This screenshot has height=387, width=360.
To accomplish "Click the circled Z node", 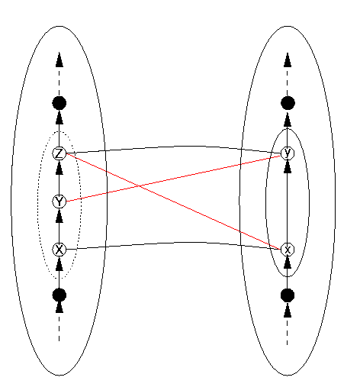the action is [59, 153].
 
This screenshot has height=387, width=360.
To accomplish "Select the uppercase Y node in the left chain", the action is [59, 202].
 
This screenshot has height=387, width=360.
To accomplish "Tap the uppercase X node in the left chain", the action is [59, 250].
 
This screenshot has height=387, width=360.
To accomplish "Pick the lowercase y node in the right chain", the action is [288, 153].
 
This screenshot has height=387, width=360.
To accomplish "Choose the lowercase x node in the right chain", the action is [288, 250].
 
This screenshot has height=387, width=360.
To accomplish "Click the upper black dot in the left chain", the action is [59, 103].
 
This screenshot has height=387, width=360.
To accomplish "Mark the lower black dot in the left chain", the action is [59, 295].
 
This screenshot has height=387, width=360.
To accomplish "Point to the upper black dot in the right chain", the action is [288, 103].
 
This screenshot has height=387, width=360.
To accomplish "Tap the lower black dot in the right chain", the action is [288, 295].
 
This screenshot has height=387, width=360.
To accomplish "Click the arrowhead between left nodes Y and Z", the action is [59, 168].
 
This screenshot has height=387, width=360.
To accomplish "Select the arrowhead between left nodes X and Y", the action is [59, 216].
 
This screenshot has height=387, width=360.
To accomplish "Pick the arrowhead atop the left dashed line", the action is [59, 60].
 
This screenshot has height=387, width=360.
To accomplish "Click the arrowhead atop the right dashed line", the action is [288, 60].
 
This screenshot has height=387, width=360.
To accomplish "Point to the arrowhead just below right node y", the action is [288, 167].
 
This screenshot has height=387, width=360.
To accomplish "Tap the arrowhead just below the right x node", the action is [288, 263].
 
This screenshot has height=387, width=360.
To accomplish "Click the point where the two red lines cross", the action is [140, 186].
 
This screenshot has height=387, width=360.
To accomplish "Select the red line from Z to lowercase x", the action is [173, 202].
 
